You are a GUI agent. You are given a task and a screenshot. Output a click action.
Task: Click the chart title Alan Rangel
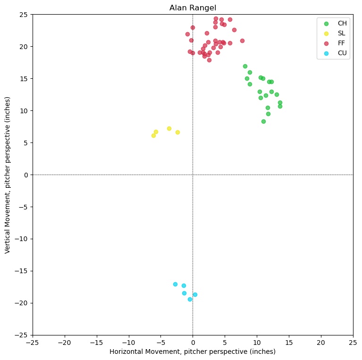click(x=193, y=8)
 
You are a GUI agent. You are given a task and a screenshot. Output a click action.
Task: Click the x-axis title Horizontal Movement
click(x=193, y=352)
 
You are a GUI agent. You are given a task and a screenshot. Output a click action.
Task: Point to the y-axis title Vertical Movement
click(x=8, y=175)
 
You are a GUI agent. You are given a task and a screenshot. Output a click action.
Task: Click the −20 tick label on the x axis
click(x=64, y=341)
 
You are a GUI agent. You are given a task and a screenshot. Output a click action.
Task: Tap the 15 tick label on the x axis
click(x=289, y=341)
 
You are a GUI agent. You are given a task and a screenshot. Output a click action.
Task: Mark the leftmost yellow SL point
click(x=153, y=135)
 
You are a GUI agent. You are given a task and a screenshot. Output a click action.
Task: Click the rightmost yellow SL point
click(x=177, y=132)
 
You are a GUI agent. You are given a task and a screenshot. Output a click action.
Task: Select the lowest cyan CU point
click(x=190, y=299)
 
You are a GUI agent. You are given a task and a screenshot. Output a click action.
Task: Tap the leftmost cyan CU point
click(x=175, y=284)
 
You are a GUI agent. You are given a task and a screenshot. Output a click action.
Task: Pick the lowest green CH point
click(x=263, y=121)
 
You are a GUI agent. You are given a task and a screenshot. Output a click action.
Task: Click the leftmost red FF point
click(x=187, y=34)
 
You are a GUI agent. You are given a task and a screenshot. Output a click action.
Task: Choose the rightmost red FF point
click(x=242, y=41)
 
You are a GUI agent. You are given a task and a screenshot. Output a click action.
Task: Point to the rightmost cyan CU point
click(x=195, y=294)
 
